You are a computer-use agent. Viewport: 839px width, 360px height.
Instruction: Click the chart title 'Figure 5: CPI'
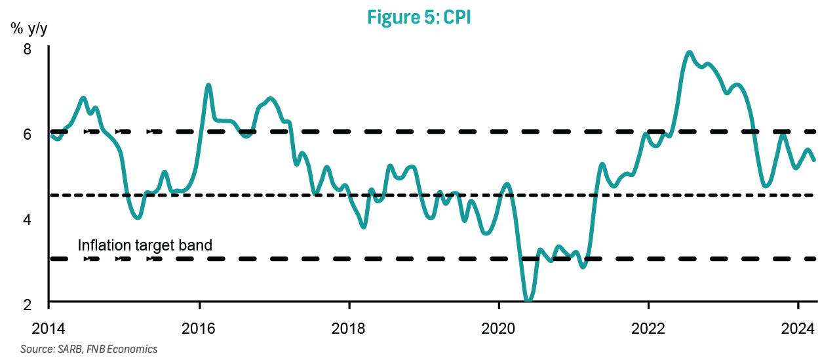click(419, 17)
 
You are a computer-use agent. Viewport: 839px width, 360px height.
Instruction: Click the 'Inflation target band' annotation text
click(145, 245)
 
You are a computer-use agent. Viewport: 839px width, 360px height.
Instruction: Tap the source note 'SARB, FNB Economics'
click(89, 349)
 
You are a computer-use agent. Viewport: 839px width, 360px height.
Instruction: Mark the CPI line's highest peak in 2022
click(689, 52)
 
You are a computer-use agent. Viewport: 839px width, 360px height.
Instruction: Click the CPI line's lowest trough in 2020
click(528, 300)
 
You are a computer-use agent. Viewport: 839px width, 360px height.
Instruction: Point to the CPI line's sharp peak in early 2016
click(208, 85)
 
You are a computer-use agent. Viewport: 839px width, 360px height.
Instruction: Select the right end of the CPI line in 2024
click(814, 159)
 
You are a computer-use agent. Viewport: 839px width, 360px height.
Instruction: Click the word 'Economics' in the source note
click(134, 349)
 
